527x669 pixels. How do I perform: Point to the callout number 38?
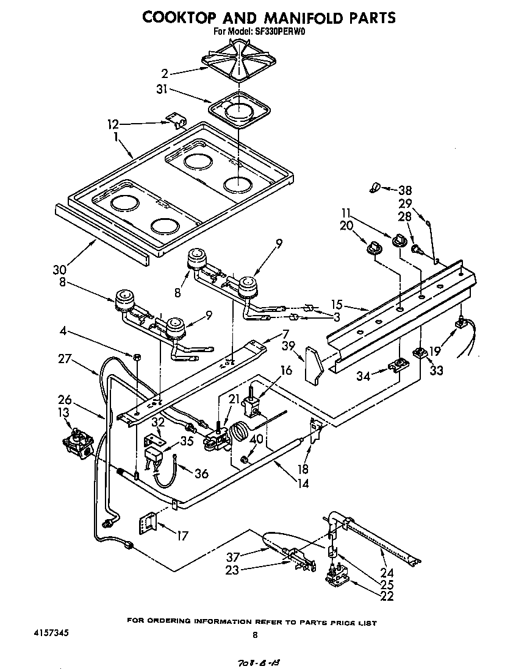[406, 189]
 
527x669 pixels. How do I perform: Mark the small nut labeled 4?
[137, 355]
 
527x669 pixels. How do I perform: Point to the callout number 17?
[181, 536]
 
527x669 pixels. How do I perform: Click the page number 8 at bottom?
[256, 635]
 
